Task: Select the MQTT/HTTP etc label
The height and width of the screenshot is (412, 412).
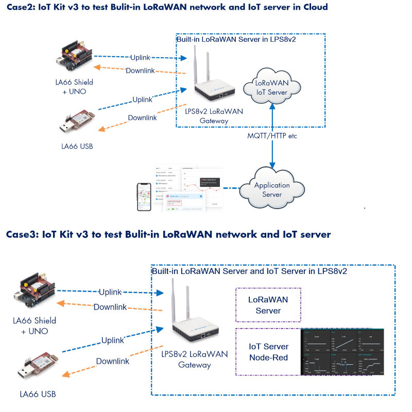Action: click(x=272, y=136)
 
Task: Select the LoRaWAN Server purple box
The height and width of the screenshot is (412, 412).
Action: click(x=268, y=305)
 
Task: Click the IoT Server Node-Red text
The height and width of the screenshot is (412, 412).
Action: click(x=268, y=352)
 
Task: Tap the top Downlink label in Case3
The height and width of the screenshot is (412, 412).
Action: click(x=110, y=307)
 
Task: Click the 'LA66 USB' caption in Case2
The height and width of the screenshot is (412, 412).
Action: click(x=77, y=146)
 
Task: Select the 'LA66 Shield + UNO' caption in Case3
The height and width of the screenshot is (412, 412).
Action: click(x=35, y=325)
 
